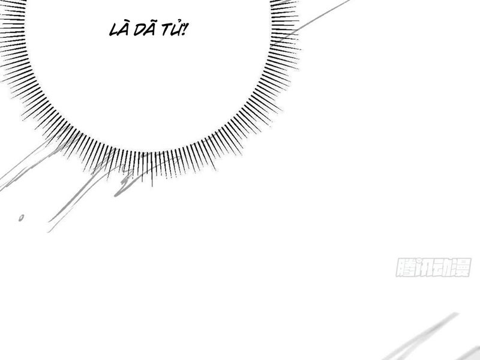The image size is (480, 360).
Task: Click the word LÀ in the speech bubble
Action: coord(119,29)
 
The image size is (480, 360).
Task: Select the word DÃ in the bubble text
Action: coord(144,29)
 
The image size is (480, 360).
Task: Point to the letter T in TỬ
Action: coord(166,31)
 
